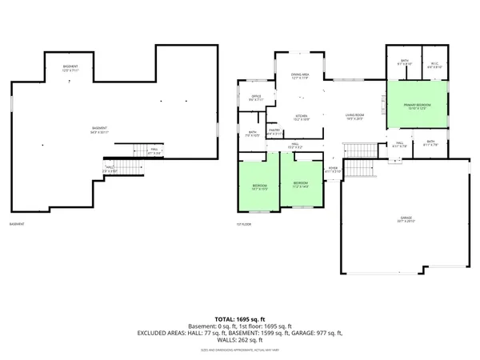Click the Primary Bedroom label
click(418, 105)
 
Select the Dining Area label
click(301, 77)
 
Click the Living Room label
click(355, 117)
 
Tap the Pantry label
click(274, 132)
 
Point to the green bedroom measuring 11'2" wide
click(299, 185)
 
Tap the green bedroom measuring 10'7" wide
click(260, 187)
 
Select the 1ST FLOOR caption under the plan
click(243, 224)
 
